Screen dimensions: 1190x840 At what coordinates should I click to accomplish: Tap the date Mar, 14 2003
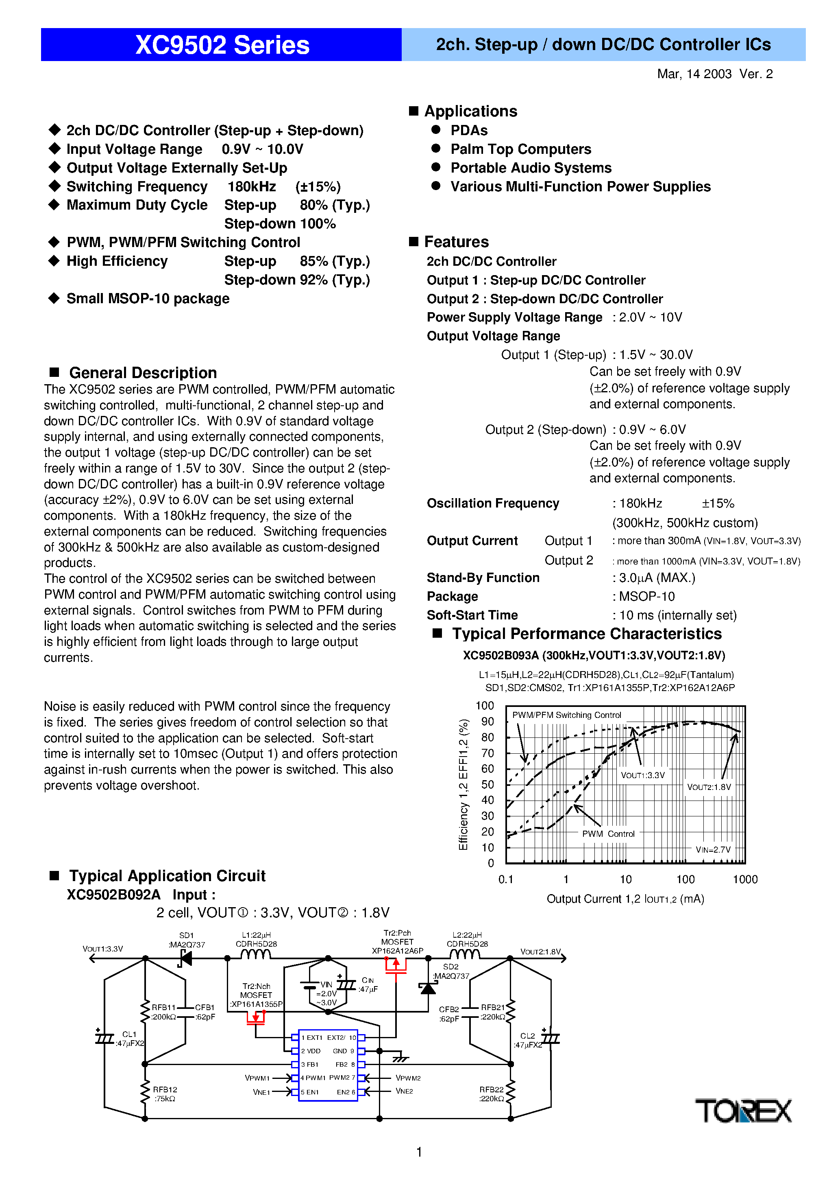[694, 74]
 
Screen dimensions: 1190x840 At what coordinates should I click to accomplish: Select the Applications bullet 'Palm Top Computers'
[520, 149]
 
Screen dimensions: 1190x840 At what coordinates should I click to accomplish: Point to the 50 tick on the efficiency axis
[487, 784]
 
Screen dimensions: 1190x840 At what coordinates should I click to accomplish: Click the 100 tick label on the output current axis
[685, 879]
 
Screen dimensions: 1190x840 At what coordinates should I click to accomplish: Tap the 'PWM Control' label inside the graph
[608, 834]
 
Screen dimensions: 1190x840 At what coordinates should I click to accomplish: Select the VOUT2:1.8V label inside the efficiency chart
[708, 787]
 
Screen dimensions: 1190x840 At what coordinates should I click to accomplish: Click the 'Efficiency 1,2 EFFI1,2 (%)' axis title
[464, 784]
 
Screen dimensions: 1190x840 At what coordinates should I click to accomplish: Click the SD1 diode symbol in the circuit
[185, 958]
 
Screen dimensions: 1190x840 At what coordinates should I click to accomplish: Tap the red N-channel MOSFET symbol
[255, 1018]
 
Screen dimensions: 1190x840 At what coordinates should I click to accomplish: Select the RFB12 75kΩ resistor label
[165, 1094]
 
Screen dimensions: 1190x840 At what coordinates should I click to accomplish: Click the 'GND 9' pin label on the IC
[343, 1051]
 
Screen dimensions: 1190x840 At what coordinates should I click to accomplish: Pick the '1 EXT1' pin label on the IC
[312, 1038]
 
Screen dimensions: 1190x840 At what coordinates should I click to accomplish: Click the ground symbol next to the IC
[400, 1059]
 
